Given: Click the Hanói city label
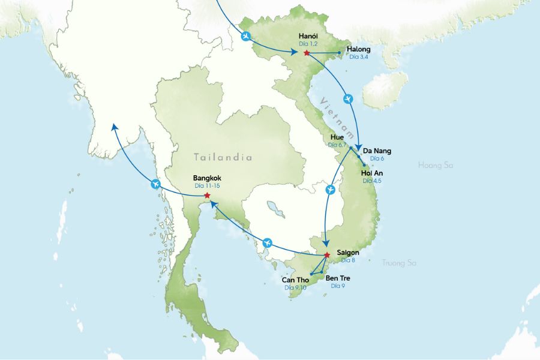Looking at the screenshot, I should point(308,37).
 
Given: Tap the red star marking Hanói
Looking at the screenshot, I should point(307,53).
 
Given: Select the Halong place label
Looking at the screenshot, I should point(359,49).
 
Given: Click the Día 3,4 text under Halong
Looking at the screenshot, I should point(359,57).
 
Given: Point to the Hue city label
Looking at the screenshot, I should point(337,137).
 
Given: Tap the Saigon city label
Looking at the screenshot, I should point(349,253).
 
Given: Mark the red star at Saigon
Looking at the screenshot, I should point(327,255).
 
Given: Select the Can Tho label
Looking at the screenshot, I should point(295,280).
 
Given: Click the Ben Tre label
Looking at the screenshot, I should point(337,278).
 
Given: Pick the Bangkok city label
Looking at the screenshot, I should point(208,178).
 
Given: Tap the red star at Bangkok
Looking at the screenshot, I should point(207,196).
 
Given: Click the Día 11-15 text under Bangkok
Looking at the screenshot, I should point(208,186).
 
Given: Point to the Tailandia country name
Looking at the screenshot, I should point(223,157).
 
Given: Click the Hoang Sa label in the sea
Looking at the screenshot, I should point(435,164).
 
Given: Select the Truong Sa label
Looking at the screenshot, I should point(399,262).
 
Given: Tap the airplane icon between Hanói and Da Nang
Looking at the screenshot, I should point(349,98).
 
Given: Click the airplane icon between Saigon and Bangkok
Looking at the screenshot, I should point(268,243).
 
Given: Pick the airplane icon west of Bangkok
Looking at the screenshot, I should point(156,184).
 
